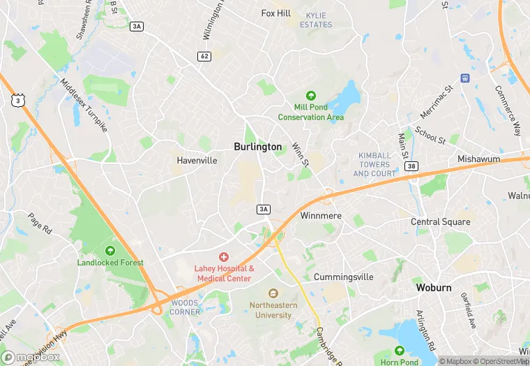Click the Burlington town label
[258, 147]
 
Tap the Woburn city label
[434, 287]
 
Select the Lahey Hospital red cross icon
[224, 257]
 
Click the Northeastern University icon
[273, 293]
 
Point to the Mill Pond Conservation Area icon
[310, 96]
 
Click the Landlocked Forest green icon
[110, 251]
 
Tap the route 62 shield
[204, 56]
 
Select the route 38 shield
[411, 166]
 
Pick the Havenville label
[197, 160]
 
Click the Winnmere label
[321, 216]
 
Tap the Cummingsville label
[343, 277]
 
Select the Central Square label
[440, 221]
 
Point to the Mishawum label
[478, 159]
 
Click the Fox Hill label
[275, 13]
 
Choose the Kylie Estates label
[316, 20]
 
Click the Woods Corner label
[185, 307]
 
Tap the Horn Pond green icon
[399, 350]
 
